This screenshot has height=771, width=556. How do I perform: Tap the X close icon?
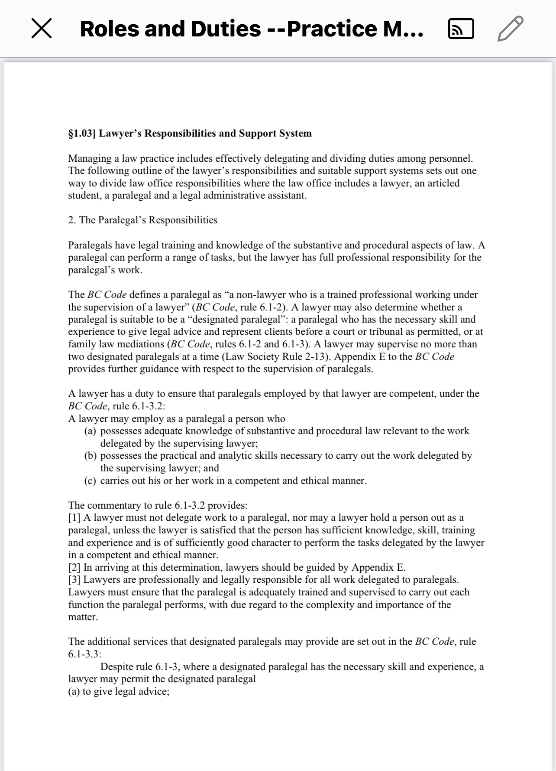point(42,29)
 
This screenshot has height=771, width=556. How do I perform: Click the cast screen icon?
point(461,29)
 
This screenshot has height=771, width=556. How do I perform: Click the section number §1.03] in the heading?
point(82,133)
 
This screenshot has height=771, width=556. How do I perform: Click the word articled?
point(443,183)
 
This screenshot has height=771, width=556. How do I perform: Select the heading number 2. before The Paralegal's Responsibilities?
point(72,220)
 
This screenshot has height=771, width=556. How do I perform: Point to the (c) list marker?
point(90,481)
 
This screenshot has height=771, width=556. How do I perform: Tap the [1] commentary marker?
point(74,518)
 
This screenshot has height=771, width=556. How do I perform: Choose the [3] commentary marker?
point(74,580)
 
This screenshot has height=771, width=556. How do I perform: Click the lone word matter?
point(83,617)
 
